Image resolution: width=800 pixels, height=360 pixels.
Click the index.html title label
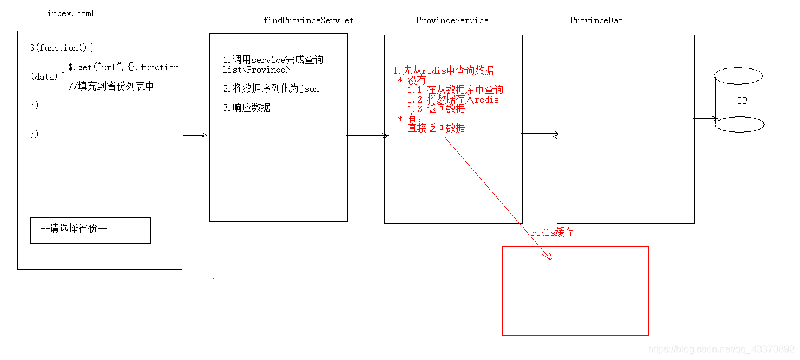point(71,13)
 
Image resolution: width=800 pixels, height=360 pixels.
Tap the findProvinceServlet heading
point(308,20)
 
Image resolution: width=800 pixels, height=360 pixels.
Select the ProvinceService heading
point(452,20)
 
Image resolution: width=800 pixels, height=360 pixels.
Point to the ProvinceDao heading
point(596,20)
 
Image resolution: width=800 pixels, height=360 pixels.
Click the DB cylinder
point(739,100)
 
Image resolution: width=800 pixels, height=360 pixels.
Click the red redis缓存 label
point(552,233)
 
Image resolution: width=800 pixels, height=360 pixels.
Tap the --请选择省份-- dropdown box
point(90,230)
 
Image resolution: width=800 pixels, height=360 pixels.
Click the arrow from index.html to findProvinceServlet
point(196,136)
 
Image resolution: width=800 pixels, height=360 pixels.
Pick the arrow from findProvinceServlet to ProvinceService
point(367,136)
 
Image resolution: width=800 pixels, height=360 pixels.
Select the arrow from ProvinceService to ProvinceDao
point(540,134)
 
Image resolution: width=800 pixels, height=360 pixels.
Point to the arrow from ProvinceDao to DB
point(705,119)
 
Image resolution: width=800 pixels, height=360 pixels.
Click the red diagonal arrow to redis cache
point(498,198)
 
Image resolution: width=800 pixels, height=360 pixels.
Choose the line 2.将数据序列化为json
point(270,89)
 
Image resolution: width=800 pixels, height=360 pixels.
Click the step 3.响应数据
point(246,108)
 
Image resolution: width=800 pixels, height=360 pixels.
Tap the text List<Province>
point(256,70)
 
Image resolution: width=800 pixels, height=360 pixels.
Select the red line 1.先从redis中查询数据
point(443,71)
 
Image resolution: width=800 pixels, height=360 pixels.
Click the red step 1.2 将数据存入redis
point(453,100)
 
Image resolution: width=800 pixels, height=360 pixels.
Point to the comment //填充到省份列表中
point(111,86)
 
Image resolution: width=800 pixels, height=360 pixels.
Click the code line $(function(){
point(62,48)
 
